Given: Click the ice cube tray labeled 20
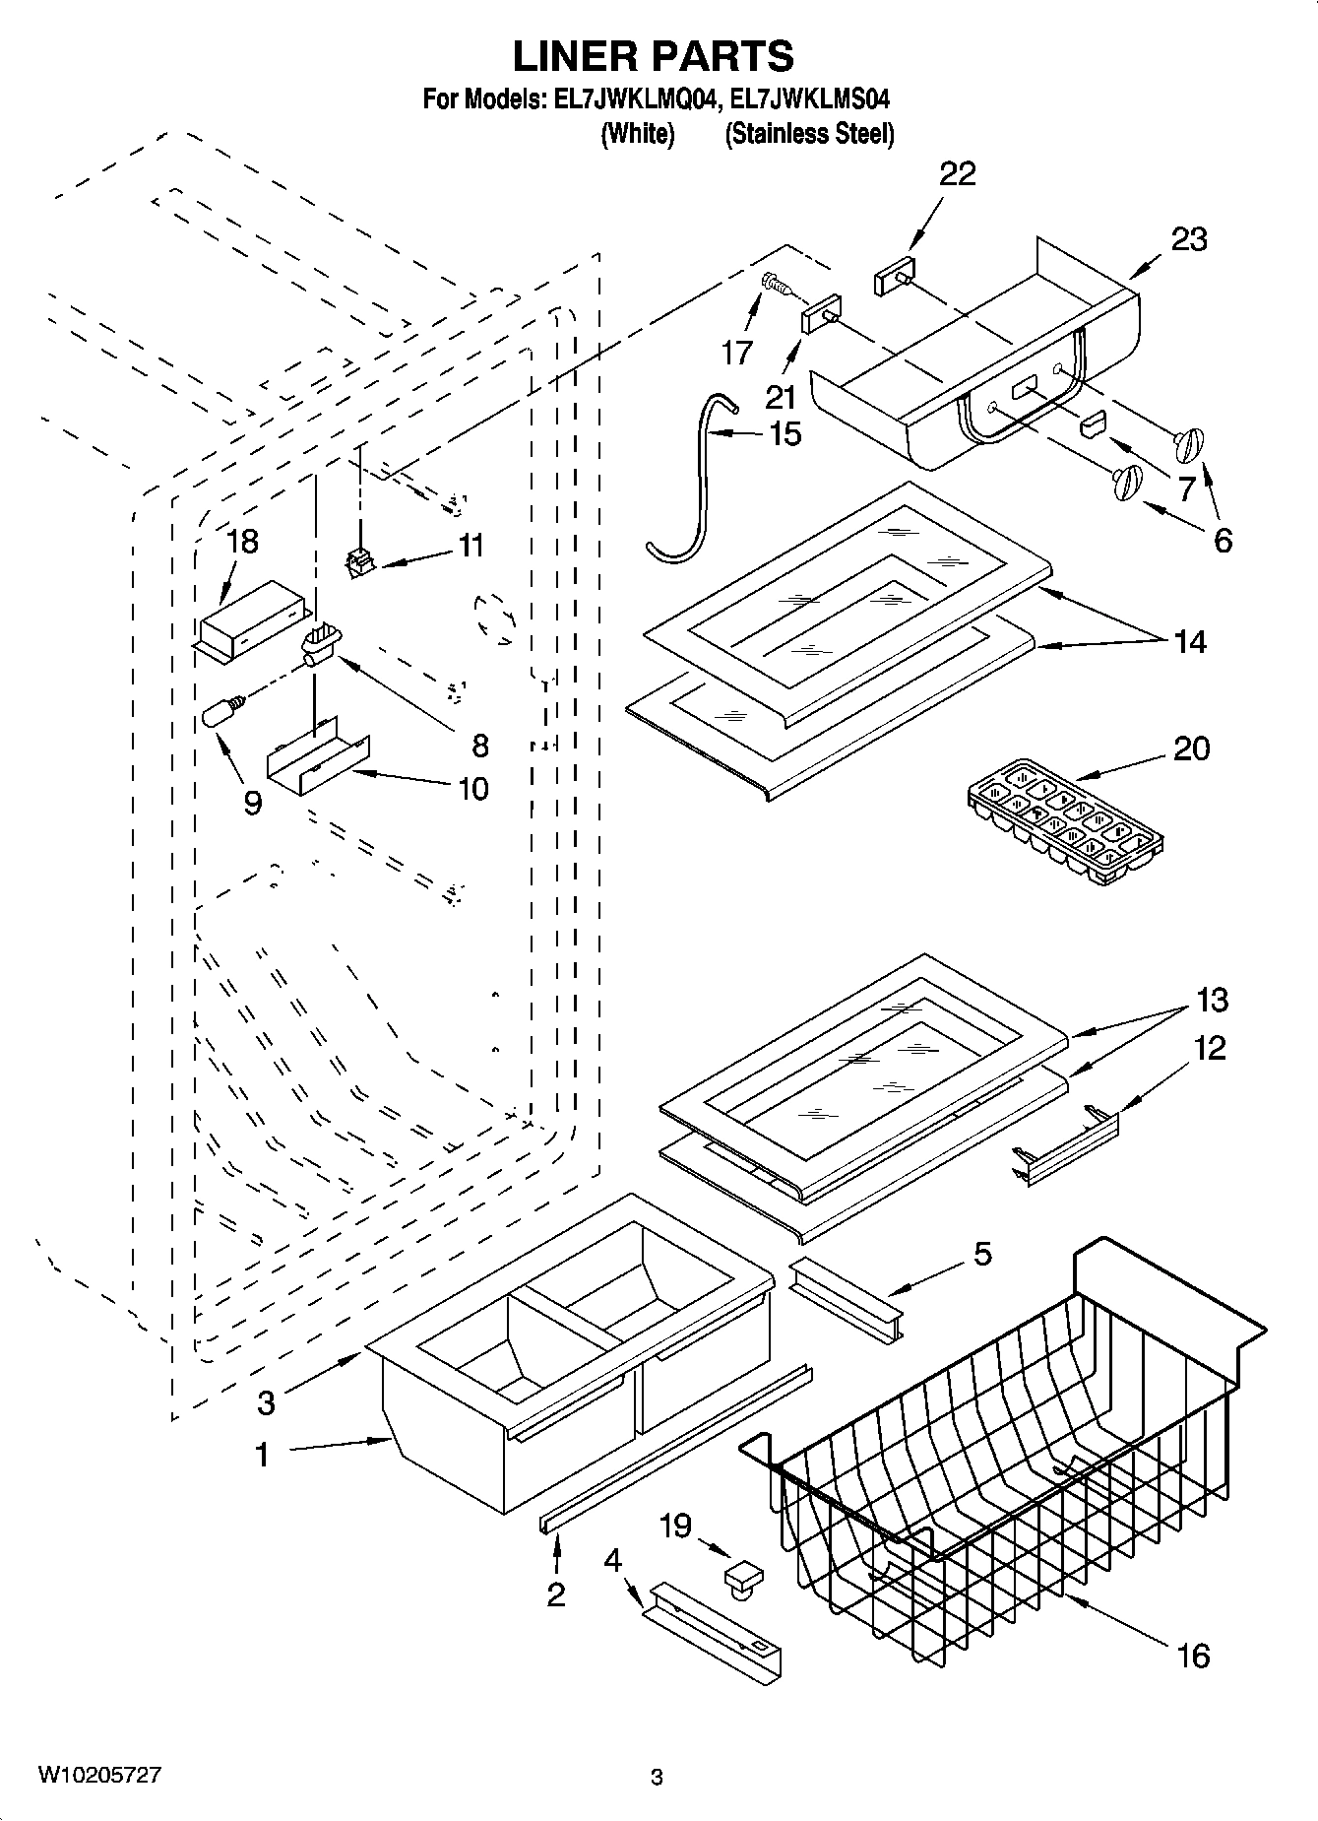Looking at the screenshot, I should coord(1064,817).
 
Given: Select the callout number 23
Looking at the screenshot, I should coord(1189,239).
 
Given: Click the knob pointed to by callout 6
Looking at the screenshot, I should coord(1125,482).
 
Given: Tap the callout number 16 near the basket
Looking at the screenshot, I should coord(1193,1656).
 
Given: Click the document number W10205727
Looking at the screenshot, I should coord(99,1776).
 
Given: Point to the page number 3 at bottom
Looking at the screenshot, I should coord(658,1778).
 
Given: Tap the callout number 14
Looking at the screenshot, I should coord(1189,642).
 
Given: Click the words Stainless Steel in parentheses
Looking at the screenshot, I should coord(809,134).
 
